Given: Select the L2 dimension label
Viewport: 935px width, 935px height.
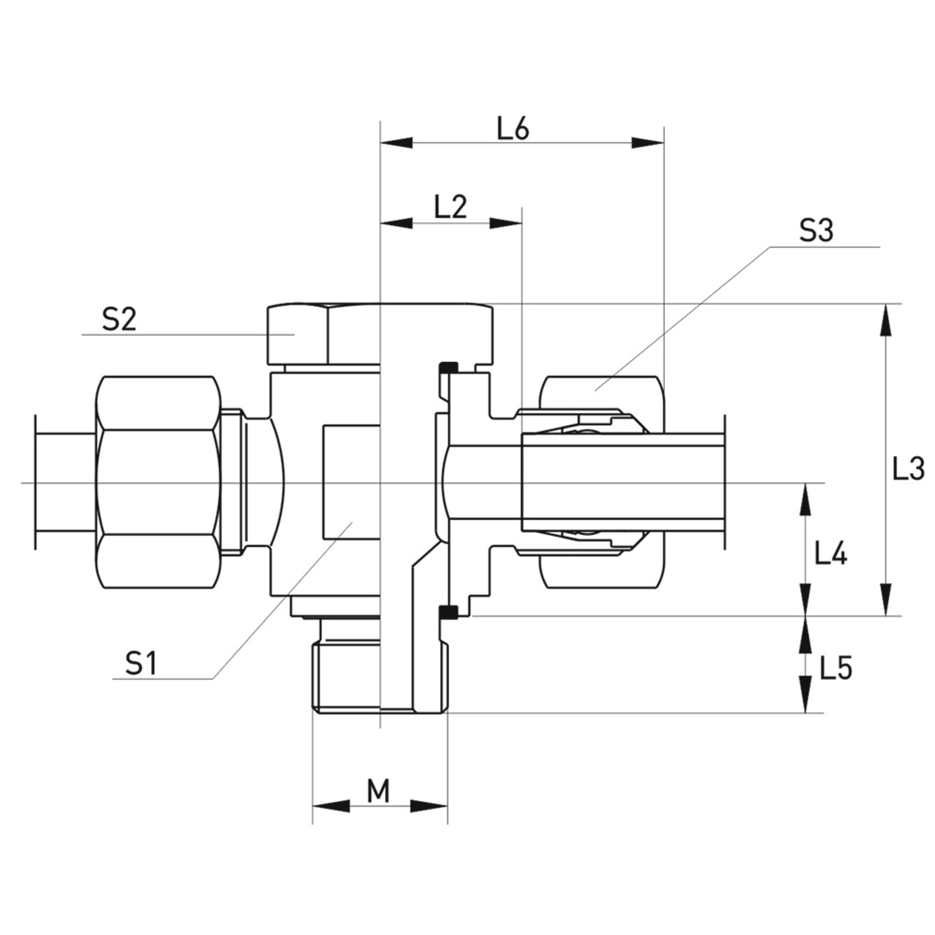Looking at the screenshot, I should click(x=450, y=208).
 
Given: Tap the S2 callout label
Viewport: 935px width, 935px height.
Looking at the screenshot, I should click(x=118, y=320).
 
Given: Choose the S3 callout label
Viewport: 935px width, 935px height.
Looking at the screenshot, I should click(x=816, y=231).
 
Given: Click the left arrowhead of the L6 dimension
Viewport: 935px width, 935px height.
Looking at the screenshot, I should click(x=395, y=143).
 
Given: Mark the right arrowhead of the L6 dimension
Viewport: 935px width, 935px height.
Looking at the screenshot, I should click(x=648, y=143).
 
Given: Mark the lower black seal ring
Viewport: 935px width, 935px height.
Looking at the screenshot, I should click(x=448, y=612).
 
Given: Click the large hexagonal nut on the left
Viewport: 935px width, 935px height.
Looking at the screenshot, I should click(x=157, y=483).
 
